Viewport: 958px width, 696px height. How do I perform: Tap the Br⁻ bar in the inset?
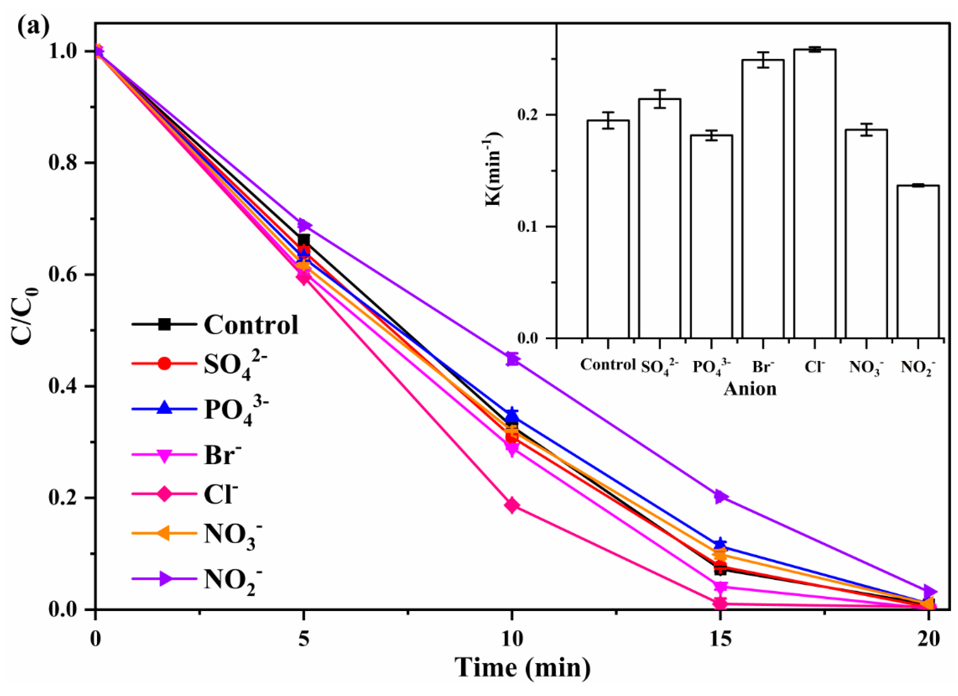pyautogui.click(x=763, y=199)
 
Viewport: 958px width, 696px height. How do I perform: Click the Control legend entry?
pyautogui.click(x=215, y=324)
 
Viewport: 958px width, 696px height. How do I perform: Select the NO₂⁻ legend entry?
pyautogui.click(x=199, y=579)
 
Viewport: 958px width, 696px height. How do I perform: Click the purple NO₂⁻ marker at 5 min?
pyautogui.click(x=304, y=225)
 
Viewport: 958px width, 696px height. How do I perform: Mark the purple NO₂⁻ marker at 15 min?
pyautogui.click(x=720, y=496)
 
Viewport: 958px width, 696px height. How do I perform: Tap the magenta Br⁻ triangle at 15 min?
pyautogui.click(x=720, y=587)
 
